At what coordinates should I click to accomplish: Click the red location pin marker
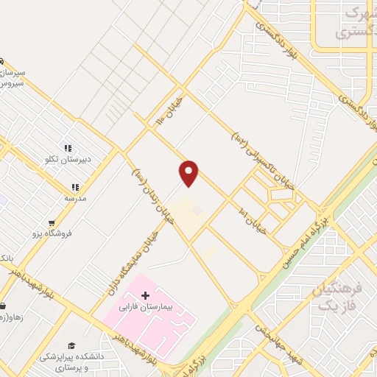click(189, 173)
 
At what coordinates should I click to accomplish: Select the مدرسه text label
click(74, 198)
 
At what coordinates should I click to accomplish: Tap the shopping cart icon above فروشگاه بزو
click(52, 223)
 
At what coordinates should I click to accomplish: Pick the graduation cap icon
click(71, 346)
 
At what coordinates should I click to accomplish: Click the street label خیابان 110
click(172, 110)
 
